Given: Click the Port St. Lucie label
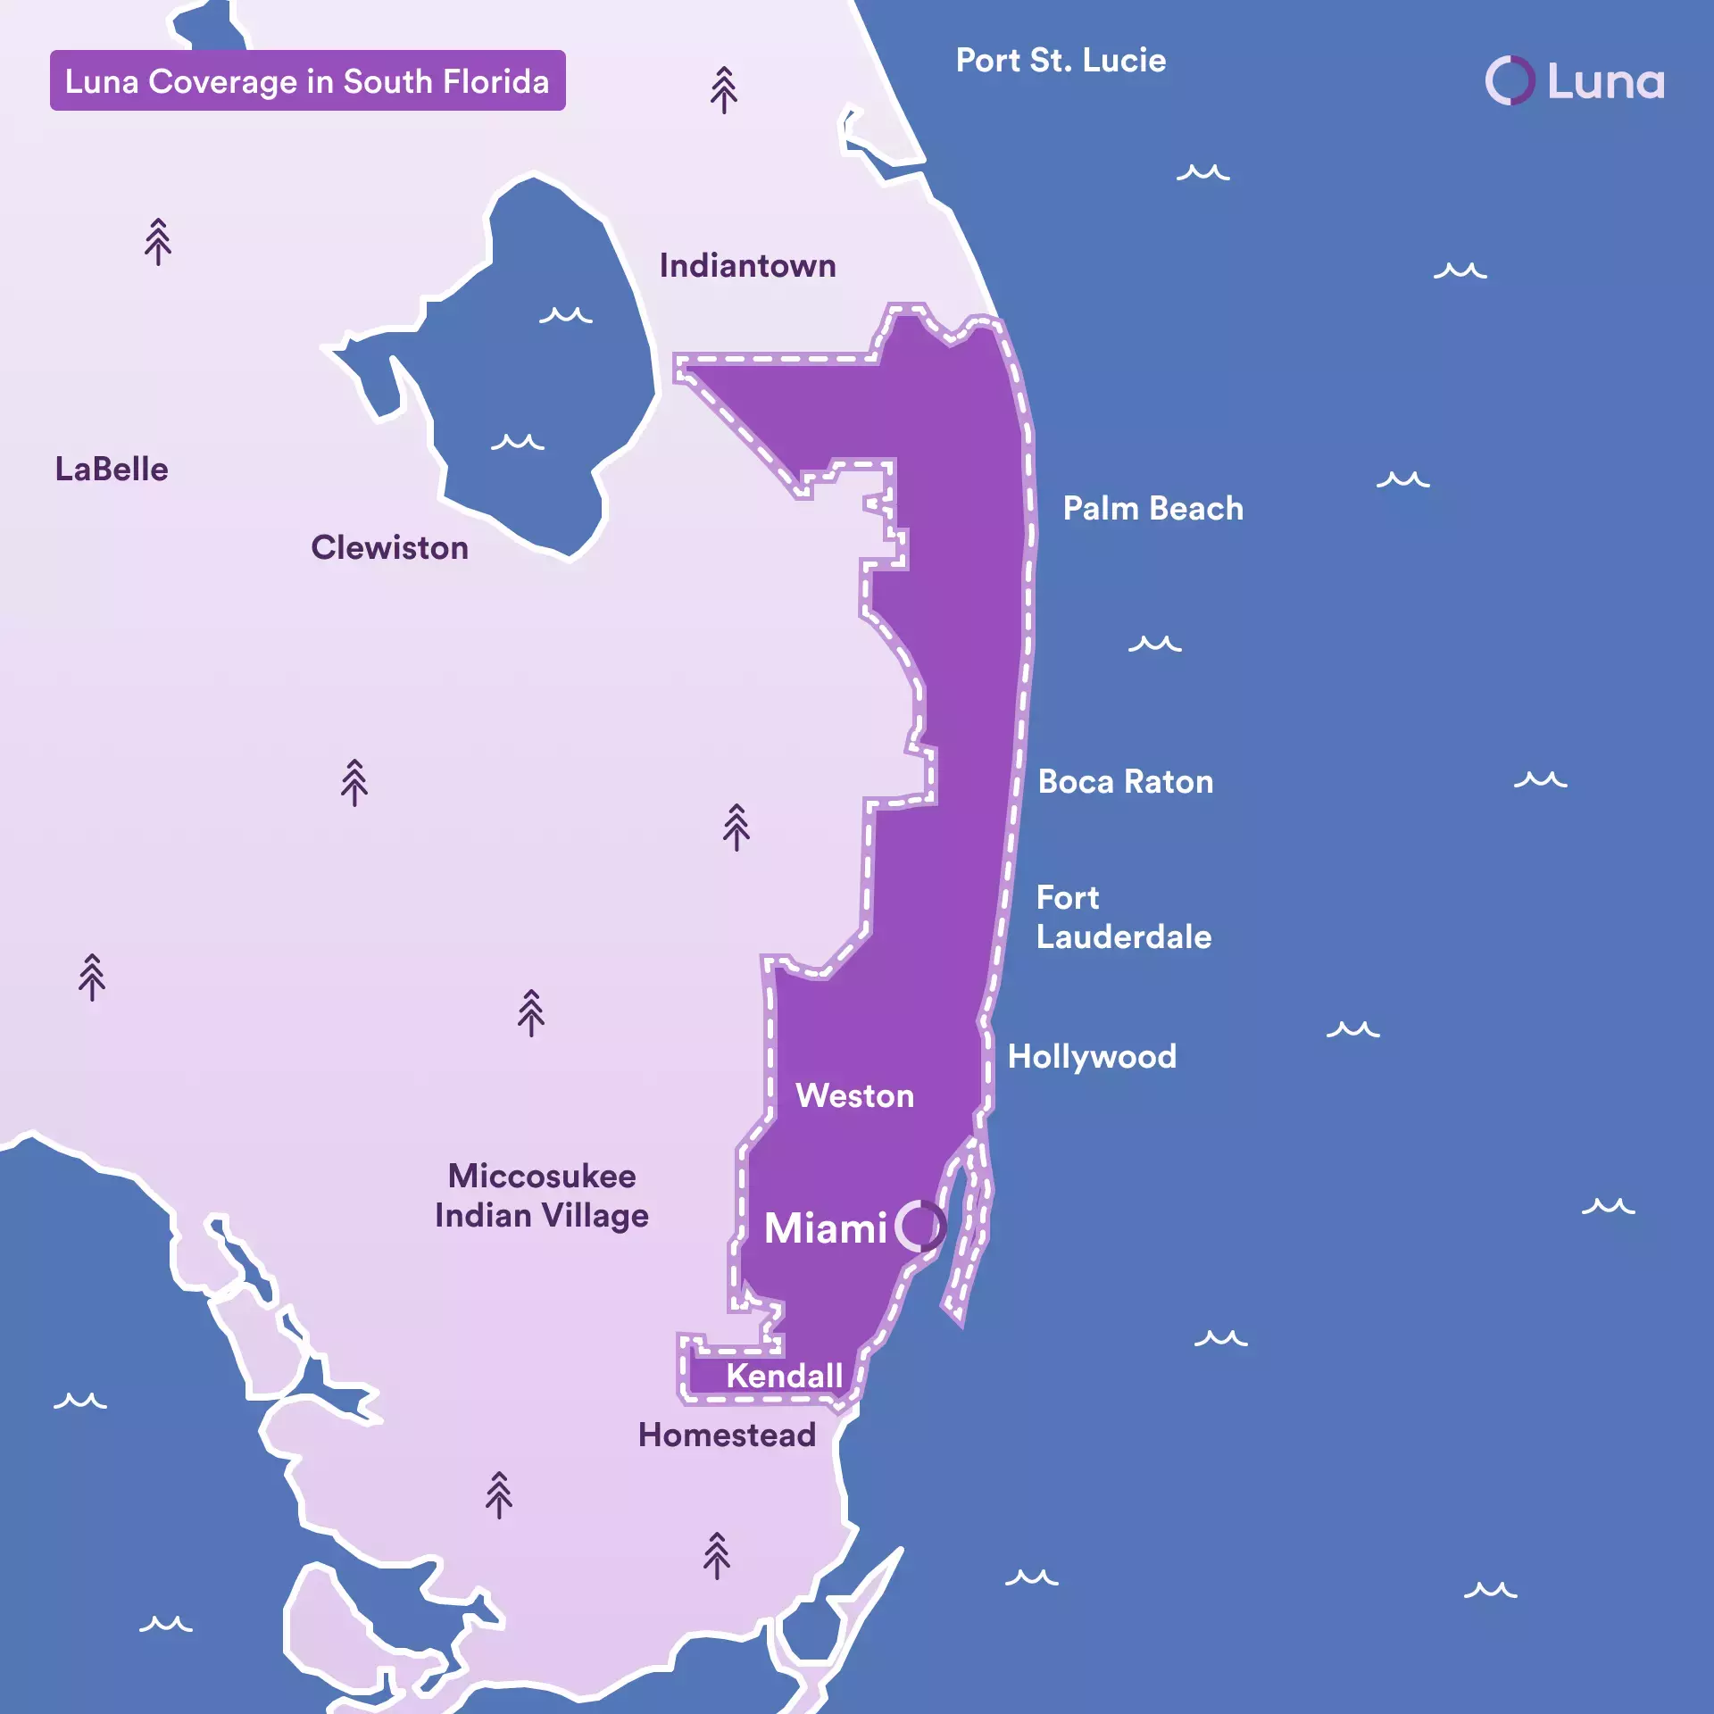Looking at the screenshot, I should (1061, 61).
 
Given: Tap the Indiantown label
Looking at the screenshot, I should (747, 266).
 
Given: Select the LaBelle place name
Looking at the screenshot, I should (112, 470).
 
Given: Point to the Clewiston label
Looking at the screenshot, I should (389, 548).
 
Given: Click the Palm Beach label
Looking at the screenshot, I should (1152, 509).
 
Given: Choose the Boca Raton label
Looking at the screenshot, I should (1125, 782).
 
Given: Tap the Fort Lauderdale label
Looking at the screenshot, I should (1123, 918).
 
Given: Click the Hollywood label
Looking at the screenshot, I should (1092, 1057).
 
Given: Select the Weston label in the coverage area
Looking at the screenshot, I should (854, 1096).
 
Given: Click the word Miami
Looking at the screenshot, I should (825, 1228).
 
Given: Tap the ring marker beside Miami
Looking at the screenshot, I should (919, 1226).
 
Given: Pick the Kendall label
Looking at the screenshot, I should (784, 1376).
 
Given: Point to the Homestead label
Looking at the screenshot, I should (727, 1435).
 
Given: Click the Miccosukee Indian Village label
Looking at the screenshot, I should (542, 1196).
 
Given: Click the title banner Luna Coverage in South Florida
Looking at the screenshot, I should (307, 81).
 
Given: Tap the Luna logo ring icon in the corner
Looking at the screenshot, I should (1510, 80).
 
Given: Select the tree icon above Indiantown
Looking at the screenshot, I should (724, 89).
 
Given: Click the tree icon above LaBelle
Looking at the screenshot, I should (158, 241).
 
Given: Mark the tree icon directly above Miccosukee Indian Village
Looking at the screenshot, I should (531, 1012).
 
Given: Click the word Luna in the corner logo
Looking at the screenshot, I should (1605, 82).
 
